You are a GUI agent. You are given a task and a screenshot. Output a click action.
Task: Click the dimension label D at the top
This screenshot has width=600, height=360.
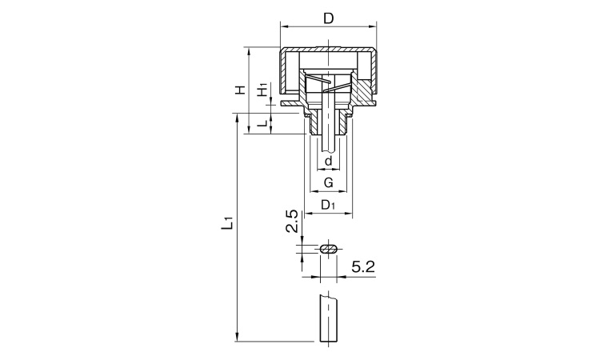(x=329, y=18)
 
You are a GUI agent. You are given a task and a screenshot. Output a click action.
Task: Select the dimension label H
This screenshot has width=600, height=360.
(x=240, y=90)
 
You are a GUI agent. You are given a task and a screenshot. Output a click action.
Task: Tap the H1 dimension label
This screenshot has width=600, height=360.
(x=262, y=90)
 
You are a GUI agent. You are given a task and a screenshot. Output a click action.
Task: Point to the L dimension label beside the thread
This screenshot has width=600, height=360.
(x=262, y=123)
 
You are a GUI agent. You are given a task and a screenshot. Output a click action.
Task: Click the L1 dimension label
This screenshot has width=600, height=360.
(x=227, y=223)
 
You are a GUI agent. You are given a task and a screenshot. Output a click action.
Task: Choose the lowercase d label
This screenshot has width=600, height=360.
(x=328, y=161)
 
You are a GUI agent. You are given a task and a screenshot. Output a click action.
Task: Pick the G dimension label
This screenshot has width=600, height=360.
(x=328, y=183)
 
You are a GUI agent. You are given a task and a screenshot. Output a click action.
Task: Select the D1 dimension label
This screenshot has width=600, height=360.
(x=328, y=205)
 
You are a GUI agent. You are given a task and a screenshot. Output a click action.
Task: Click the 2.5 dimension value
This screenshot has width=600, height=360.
(x=292, y=221)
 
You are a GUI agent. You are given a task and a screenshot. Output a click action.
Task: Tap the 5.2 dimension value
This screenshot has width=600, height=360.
(x=363, y=266)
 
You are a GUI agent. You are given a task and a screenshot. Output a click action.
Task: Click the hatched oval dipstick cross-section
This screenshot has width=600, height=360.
(x=328, y=249)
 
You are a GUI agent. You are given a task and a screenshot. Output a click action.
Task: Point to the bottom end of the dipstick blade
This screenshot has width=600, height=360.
(x=329, y=342)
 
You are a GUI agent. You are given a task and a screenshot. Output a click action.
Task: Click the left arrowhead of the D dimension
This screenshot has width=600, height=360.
(x=284, y=26)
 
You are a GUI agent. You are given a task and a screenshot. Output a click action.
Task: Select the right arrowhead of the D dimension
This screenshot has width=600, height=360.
(x=374, y=26)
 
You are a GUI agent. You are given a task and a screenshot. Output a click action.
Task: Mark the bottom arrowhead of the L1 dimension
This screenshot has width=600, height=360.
(x=238, y=338)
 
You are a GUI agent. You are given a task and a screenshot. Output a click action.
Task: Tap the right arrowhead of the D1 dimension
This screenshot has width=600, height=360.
(x=349, y=213)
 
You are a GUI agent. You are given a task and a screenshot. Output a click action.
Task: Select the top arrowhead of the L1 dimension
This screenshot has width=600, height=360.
(x=238, y=117)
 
